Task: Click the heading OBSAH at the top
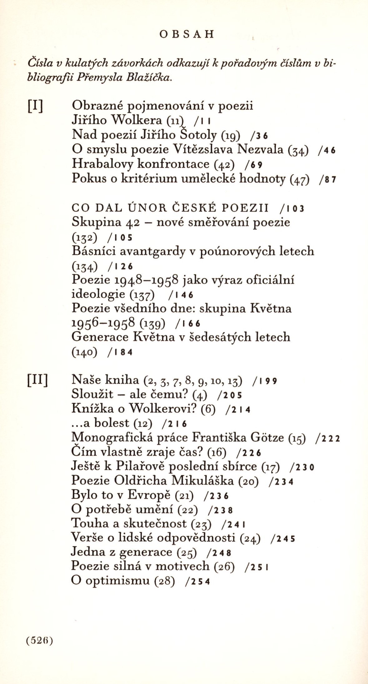click(187, 34)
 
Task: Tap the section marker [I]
click(35, 106)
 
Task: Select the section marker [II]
click(37, 381)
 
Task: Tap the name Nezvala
click(260, 149)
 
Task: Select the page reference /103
click(292, 208)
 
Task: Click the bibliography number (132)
click(85, 237)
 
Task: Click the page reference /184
click(120, 352)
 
